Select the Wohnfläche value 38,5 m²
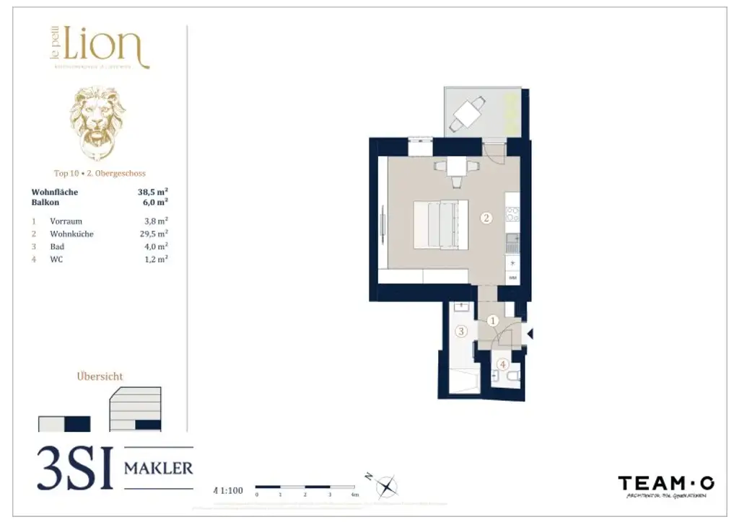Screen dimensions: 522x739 point(153,193)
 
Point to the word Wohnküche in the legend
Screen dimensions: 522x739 point(71,234)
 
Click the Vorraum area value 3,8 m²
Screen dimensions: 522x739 point(156,221)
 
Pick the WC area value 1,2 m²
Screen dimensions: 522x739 point(156,259)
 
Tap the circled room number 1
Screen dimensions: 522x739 point(494,321)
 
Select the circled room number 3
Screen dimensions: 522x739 point(461,332)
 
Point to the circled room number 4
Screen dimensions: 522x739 point(503,364)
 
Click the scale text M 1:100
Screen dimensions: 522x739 point(229,491)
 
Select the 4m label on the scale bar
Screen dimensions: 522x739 point(354,495)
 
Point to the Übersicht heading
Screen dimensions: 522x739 point(100,376)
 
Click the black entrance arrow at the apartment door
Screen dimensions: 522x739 point(530,333)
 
